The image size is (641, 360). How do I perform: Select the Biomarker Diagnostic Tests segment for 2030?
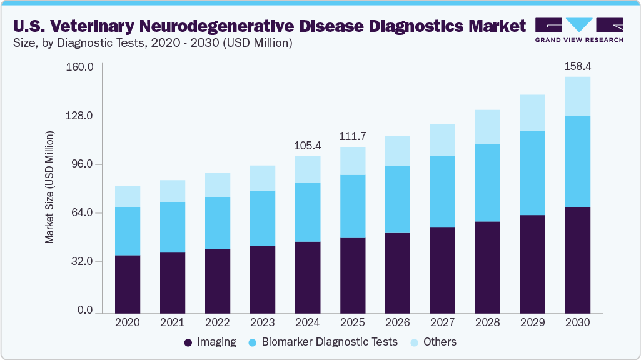pyautogui.click(x=577, y=161)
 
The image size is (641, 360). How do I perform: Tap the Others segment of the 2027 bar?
pyautogui.click(x=442, y=139)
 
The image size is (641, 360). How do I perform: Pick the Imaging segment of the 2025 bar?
pyautogui.click(x=353, y=275)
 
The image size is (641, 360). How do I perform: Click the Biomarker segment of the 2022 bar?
pyautogui.click(x=218, y=223)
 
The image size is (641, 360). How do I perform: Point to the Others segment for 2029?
pyautogui.click(x=532, y=112)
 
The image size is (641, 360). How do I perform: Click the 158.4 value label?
pyautogui.click(x=577, y=66)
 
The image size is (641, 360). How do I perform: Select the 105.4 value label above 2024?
pyautogui.click(x=307, y=146)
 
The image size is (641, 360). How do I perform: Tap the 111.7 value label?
pyautogui.click(x=353, y=136)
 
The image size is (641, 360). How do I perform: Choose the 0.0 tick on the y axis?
pyautogui.click(x=84, y=311)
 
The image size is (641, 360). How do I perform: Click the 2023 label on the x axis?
pyautogui.click(x=262, y=323)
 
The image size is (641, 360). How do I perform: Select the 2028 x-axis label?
pyautogui.click(x=487, y=323)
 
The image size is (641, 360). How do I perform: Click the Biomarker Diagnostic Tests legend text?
pyautogui.click(x=329, y=342)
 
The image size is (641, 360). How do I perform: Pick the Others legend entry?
pyautogui.click(x=440, y=342)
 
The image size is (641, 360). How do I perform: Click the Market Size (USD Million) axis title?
pyautogui.click(x=49, y=187)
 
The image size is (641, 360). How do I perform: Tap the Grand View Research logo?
pyautogui.click(x=578, y=30)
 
